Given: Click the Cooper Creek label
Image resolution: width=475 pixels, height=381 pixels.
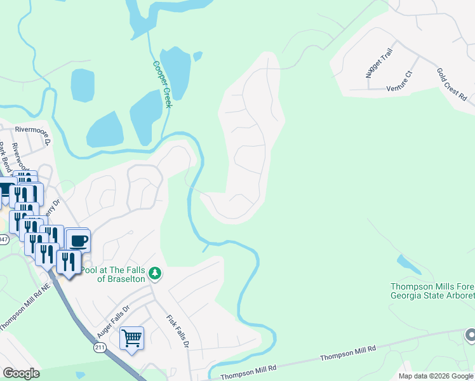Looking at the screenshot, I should [x=162, y=84].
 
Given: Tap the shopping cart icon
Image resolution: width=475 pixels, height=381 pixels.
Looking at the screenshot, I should [x=131, y=339].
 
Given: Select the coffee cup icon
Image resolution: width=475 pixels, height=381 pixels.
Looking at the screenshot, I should [x=79, y=241].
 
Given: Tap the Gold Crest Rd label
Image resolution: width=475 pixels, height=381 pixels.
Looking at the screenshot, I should [x=452, y=85].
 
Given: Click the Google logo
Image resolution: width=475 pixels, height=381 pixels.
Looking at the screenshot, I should [x=21, y=373].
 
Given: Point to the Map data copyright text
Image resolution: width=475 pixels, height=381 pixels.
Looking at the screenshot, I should [x=436, y=376].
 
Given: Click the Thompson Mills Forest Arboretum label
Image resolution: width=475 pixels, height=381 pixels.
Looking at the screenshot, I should [x=432, y=291].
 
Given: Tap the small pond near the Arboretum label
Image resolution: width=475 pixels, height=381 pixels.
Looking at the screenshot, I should [x=408, y=263].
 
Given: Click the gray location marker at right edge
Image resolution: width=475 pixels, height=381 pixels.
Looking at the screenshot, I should [x=470, y=335].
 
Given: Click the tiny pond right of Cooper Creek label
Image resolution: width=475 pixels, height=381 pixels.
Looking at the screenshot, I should [x=197, y=57].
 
